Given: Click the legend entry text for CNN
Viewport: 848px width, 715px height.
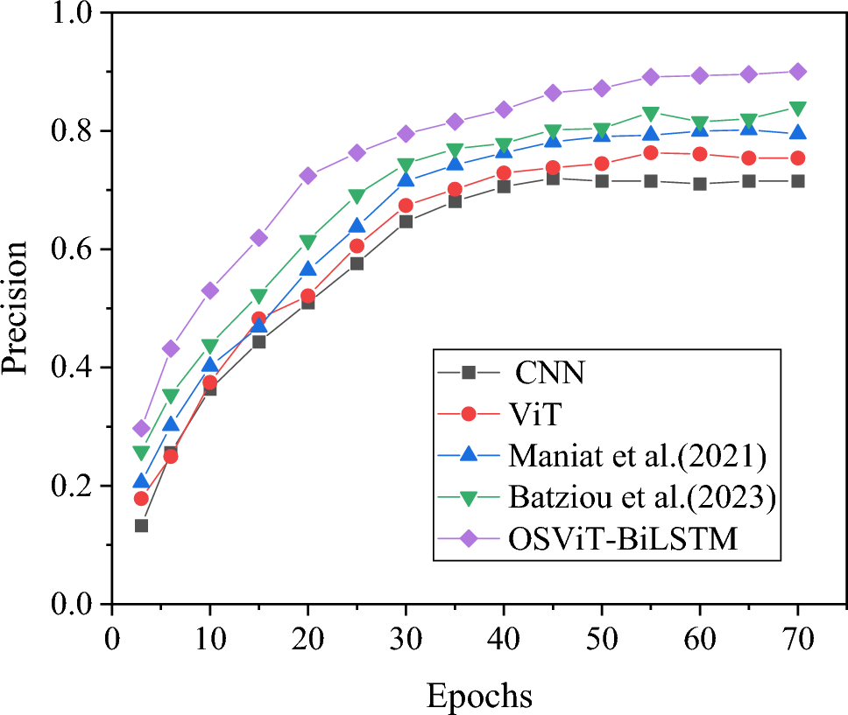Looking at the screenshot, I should (550, 373).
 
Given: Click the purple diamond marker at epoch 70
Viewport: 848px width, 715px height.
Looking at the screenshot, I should (797, 72).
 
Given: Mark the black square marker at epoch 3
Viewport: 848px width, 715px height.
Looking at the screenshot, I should (141, 525).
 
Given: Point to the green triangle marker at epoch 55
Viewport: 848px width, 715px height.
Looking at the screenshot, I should (651, 114).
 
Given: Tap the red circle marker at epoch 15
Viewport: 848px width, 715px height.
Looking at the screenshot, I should (258, 319).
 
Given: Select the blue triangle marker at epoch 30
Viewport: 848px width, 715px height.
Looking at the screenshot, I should (406, 180).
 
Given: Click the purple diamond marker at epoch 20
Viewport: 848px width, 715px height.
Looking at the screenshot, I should (307, 176).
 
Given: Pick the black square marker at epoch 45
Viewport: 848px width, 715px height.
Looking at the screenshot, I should (553, 179).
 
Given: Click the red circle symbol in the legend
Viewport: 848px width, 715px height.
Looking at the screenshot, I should (469, 414).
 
